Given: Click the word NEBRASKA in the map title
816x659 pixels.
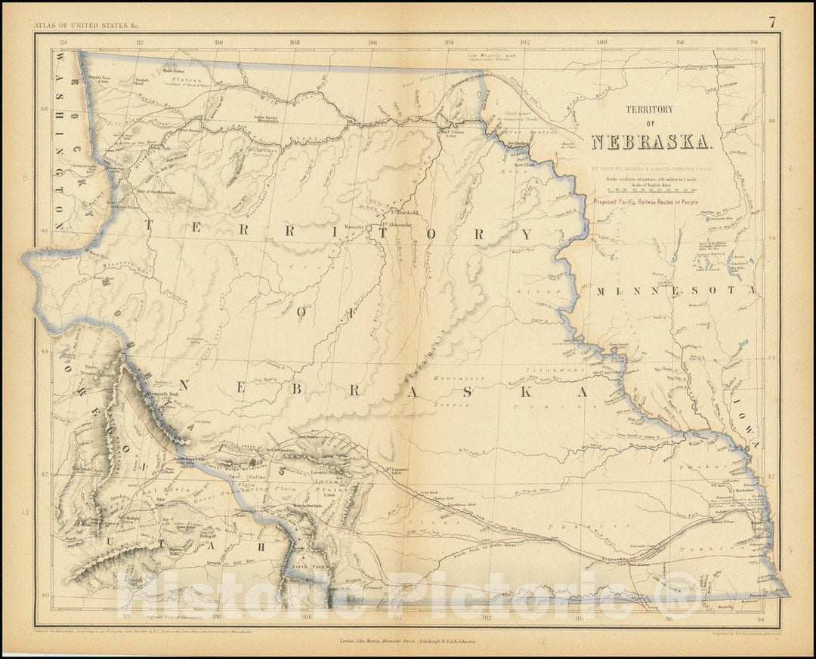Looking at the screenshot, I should [650, 142].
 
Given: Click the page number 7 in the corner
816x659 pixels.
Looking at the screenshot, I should [772, 22].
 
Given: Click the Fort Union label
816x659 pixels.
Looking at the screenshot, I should [453, 133].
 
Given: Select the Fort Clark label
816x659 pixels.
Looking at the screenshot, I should [525, 163].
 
